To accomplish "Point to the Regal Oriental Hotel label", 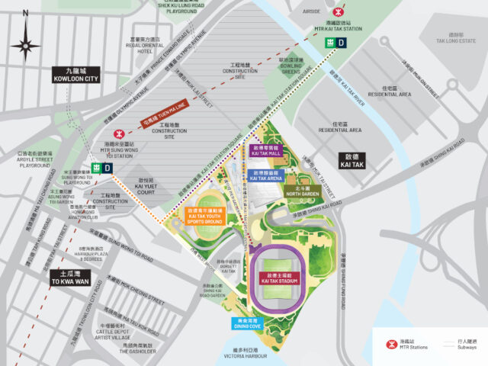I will [145, 43].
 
